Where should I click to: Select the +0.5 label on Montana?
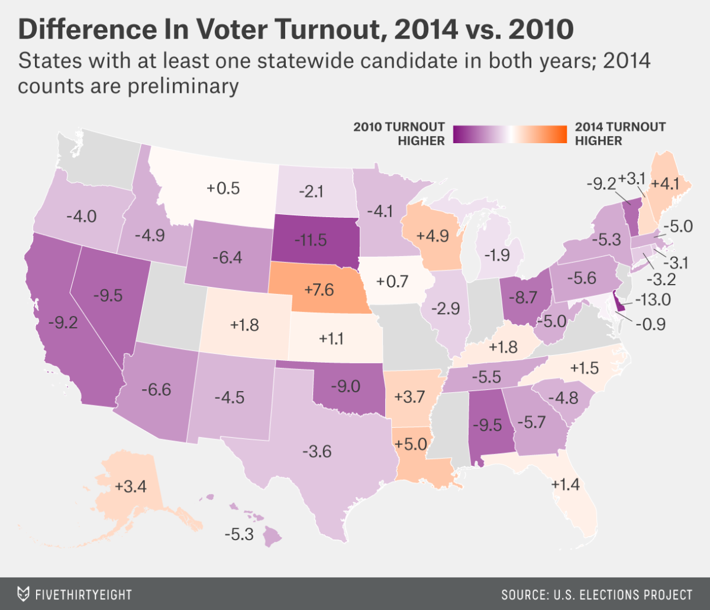pos(223,189)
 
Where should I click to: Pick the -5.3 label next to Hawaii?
pos(239,534)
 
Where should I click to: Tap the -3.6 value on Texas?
pos(317,452)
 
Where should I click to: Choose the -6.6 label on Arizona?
pos(156,389)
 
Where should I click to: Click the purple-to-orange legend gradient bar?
pos(511,134)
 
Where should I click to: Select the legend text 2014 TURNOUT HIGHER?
pos(619,134)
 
